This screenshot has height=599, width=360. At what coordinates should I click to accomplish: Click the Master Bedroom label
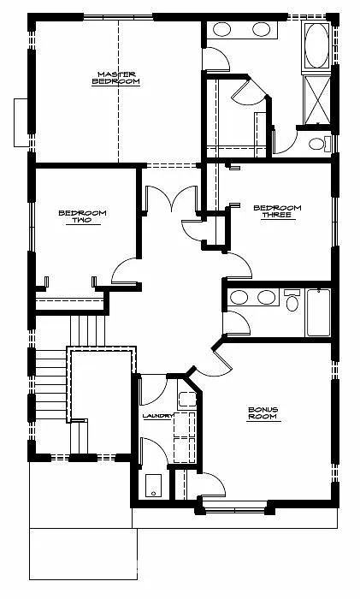(x=117, y=77)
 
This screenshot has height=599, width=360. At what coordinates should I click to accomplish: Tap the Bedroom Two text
(x=75, y=216)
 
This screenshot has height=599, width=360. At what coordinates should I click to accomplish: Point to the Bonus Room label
(x=264, y=414)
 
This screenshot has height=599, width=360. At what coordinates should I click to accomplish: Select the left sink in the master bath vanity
(x=221, y=30)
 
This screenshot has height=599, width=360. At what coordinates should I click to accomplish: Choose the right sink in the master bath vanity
(x=262, y=30)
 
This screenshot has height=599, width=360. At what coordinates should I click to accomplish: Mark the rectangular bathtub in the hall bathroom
(x=319, y=313)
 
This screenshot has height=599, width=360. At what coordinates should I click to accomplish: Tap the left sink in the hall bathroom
(x=239, y=298)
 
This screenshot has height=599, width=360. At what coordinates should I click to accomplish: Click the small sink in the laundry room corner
(x=185, y=399)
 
